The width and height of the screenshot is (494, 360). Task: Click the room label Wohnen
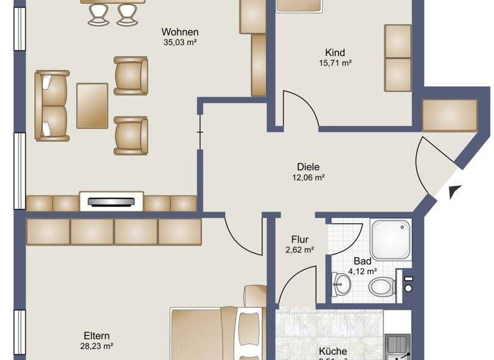180,32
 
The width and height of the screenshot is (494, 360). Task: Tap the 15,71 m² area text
334,63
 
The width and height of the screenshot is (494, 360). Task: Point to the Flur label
300,240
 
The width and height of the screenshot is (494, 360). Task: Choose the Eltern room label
96,336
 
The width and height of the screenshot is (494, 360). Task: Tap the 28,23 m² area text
96,346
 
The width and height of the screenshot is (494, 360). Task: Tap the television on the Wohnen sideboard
111,202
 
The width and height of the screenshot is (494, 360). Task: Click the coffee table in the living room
93,105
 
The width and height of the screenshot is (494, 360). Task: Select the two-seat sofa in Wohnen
51,105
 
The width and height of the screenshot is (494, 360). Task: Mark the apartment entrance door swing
430,164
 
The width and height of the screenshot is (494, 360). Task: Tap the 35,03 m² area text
180,43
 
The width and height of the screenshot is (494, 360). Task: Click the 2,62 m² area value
300,251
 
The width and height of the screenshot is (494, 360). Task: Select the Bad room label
362,262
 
